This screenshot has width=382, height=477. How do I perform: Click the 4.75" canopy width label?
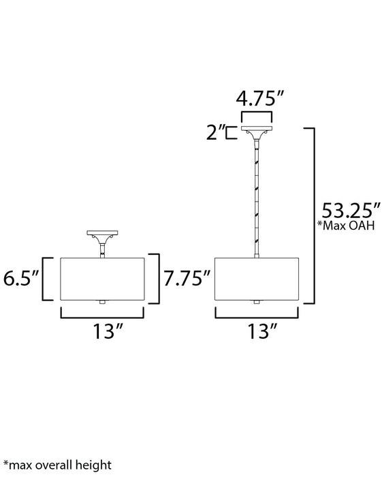(x=260, y=99)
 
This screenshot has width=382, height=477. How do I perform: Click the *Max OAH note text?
(x=346, y=226)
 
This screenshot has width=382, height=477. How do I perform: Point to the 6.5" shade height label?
(x=21, y=278)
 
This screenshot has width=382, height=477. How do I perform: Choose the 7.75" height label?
(x=187, y=278)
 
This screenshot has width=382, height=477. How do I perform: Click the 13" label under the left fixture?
(x=108, y=331)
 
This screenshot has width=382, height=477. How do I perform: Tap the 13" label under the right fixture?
(x=263, y=331)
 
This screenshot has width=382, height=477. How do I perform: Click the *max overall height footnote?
(x=57, y=465)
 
